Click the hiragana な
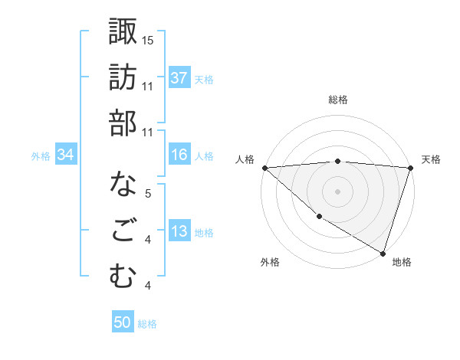pyautogui.click(x=123, y=185)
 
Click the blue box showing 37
pyautogui.click(x=179, y=77)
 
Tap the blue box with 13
pyautogui.click(x=179, y=232)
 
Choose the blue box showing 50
pyautogui.click(x=123, y=322)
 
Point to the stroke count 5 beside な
pyautogui.click(x=148, y=195)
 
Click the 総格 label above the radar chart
pyautogui.click(x=337, y=100)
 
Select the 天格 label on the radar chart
pyautogui.click(x=431, y=159)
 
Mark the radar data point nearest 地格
pyautogui.click(x=383, y=253)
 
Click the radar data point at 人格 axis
pyautogui.click(x=264, y=168)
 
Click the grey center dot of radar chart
pyautogui.click(x=337, y=191)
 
